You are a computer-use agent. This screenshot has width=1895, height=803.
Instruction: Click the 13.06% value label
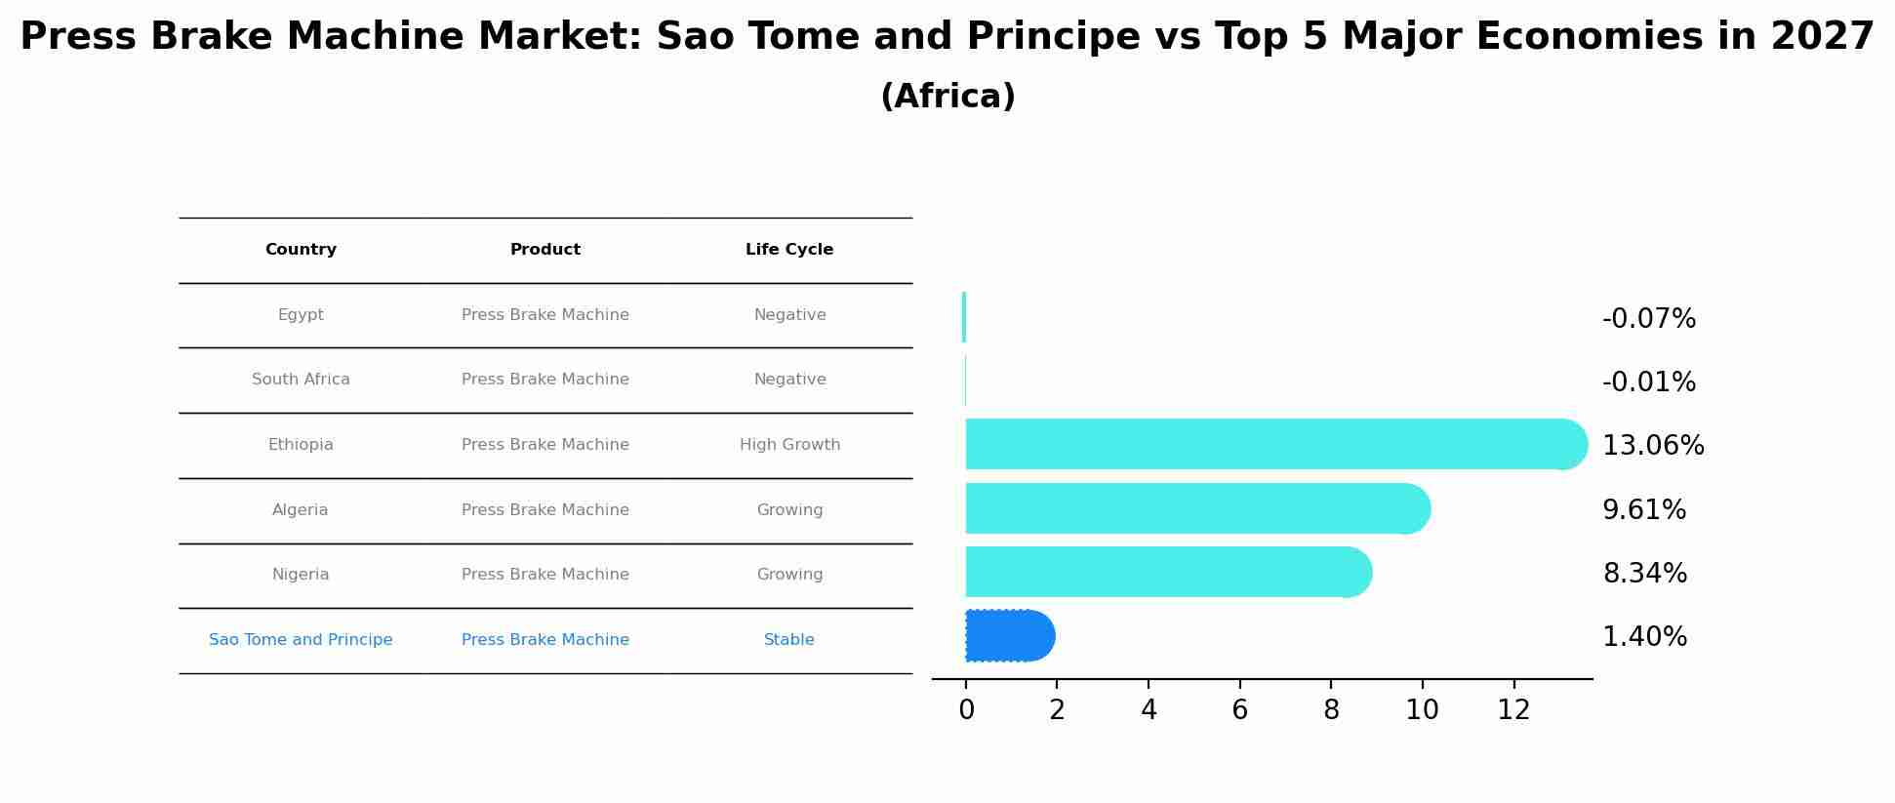pyautogui.click(x=1653, y=446)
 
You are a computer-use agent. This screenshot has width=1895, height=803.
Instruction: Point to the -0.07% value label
pyautogui.click(x=1649, y=319)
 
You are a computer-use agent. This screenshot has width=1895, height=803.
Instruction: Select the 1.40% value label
pyautogui.click(x=1644, y=637)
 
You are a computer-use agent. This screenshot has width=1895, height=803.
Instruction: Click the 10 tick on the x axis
pyautogui.click(x=1422, y=710)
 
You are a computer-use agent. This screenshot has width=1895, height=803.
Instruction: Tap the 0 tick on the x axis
pyautogui.click(x=966, y=710)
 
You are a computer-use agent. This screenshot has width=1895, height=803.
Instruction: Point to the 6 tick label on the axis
pyautogui.click(x=1239, y=710)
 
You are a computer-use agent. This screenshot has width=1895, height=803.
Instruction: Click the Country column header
pyautogui.click(x=301, y=250)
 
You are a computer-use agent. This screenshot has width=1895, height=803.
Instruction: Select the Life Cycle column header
pyautogui.click(x=789, y=250)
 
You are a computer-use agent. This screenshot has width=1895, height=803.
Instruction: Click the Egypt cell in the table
pyautogui.click(x=301, y=315)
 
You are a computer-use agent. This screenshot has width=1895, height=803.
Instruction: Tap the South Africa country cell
pyautogui.click(x=301, y=380)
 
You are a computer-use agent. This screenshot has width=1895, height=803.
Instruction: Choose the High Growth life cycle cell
pyautogui.click(x=789, y=445)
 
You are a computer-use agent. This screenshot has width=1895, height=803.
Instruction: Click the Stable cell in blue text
pyautogui.click(x=788, y=640)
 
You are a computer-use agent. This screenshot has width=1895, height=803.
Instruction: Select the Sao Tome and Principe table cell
pyautogui.click(x=301, y=640)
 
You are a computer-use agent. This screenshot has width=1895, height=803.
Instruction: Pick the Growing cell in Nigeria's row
pyautogui.click(x=789, y=575)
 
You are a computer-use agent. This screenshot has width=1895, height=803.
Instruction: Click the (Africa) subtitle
pyautogui.click(x=947, y=97)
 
